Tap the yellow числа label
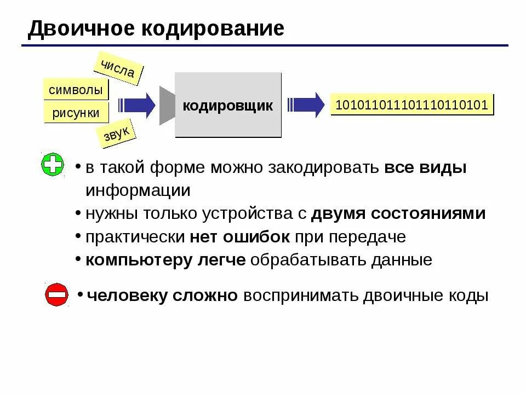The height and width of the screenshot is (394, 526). [x=118, y=68]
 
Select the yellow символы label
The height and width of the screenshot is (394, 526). [x=76, y=90]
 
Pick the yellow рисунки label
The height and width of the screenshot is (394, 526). [x=76, y=113]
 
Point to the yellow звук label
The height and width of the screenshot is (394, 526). [x=116, y=134]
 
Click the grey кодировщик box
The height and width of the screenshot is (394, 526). [x=227, y=105]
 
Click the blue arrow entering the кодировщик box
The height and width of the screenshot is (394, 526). [x=138, y=105]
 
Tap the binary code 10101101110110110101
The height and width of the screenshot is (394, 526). [x=411, y=105]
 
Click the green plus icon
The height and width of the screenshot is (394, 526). [x=53, y=165]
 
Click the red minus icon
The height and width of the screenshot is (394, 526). [x=56, y=295]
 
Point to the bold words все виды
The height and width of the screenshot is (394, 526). [x=425, y=167]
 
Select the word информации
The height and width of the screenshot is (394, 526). [x=138, y=190]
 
